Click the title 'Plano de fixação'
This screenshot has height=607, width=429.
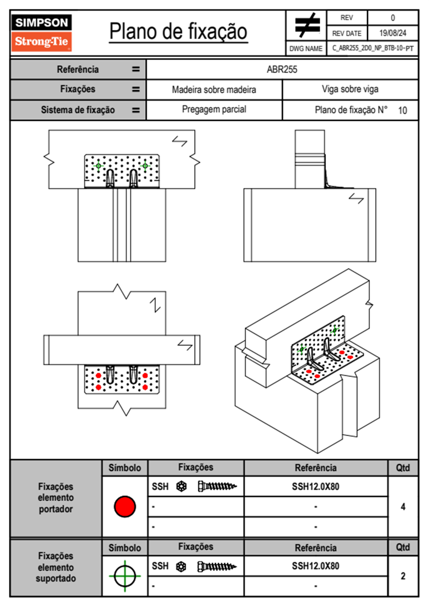click(178, 31)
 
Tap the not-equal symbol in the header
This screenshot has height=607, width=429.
click(307, 26)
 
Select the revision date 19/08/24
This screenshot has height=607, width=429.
click(393, 33)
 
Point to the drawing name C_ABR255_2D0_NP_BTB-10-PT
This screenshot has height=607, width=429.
click(372, 48)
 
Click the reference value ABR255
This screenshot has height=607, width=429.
click(282, 69)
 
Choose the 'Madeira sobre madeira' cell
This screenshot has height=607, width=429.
click(214, 89)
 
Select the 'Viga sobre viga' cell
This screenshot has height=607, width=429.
click(350, 89)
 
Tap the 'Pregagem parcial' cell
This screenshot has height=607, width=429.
click(214, 109)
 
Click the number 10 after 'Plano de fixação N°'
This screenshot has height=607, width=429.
click(402, 110)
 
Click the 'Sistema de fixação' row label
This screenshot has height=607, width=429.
click(78, 110)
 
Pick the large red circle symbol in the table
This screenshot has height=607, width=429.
click(125, 506)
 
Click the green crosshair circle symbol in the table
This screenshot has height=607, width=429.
click(125, 576)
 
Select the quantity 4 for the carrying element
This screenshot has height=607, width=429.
click(403, 507)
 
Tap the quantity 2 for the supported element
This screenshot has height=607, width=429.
click(403, 576)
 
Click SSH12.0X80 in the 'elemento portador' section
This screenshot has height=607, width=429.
click(315, 486)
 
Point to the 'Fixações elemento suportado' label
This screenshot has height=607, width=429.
click(56, 567)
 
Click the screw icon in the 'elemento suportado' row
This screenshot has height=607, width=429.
click(217, 567)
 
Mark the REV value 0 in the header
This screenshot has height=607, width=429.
click(393, 18)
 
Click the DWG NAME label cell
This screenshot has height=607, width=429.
click(306, 49)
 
